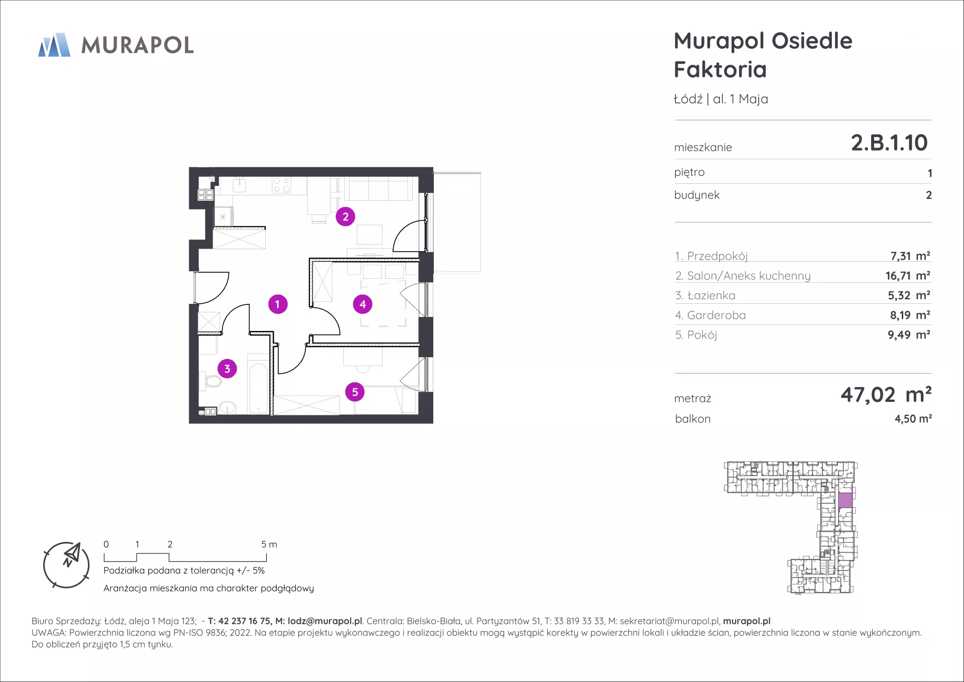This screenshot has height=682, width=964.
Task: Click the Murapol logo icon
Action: (54, 45)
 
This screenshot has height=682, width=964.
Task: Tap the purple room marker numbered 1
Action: (278, 304)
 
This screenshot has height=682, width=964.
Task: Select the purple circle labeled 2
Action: (345, 217)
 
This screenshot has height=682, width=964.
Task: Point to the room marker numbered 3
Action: (227, 369)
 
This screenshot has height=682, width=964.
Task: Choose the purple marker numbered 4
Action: (363, 304)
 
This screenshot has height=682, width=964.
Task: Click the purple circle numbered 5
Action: (355, 392)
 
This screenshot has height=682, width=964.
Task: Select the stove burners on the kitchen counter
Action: (281, 185)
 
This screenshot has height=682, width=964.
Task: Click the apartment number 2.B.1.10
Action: (889, 143)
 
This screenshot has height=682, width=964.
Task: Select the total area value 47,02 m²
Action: (886, 395)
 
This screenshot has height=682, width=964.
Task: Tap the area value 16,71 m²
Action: (908, 276)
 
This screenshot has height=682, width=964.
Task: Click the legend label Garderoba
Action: (716, 315)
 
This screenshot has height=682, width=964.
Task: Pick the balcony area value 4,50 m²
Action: (913, 419)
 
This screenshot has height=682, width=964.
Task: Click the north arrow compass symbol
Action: (66, 565)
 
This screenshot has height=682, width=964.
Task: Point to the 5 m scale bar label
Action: (269, 544)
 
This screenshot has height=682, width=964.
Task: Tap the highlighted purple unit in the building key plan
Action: (846, 500)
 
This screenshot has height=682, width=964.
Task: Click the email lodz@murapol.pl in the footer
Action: (325, 621)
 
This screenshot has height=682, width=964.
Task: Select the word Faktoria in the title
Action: (720, 69)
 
